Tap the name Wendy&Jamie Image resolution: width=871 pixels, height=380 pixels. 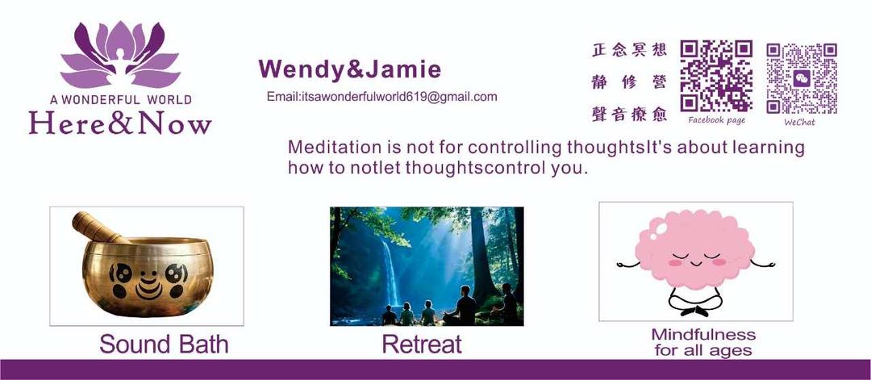pos(350,69)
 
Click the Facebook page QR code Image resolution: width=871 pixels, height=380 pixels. pos(716,76)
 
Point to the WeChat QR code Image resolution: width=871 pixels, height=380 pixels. pos(801,78)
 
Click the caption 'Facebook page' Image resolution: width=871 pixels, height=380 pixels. pos(717,120)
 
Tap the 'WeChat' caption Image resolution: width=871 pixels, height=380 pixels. pos(800,122)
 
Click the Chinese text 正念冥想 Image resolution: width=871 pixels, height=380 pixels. pos(629,51)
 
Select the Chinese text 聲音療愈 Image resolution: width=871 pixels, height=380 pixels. pos(629,115)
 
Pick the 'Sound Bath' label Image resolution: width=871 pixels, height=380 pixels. pos(163,345)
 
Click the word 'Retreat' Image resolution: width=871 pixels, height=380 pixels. pos(422,345)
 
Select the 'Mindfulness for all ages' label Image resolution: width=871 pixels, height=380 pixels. pos(703,342)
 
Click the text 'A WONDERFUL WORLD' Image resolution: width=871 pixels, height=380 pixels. pos(120,100)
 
